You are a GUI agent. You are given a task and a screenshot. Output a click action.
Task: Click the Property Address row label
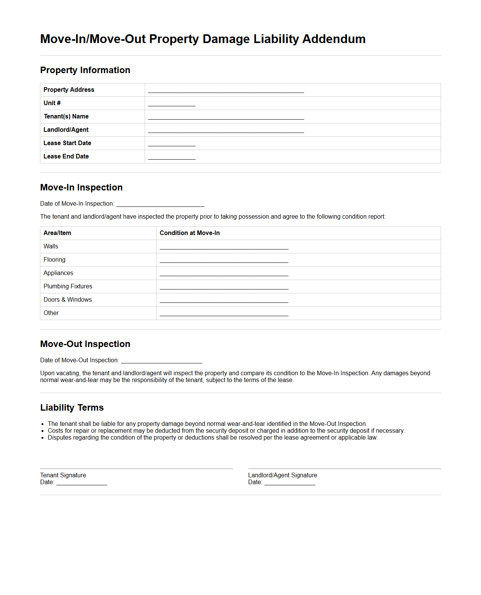pyautogui.click(x=69, y=90)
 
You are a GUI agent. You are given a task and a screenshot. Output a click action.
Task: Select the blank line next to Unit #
pyautogui.click(x=172, y=104)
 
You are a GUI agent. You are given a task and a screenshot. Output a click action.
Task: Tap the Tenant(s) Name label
pyautogui.click(x=66, y=117)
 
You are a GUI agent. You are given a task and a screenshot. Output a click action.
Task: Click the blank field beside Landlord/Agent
pyautogui.click(x=226, y=131)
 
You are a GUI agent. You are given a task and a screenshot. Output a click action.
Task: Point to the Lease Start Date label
pyautogui.click(x=67, y=143)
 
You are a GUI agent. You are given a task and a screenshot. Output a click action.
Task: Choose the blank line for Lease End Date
pyautogui.click(x=172, y=157)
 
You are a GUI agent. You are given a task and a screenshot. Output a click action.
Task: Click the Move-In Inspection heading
pyautogui.click(x=81, y=187)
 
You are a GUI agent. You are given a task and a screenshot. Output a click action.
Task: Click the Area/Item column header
pyautogui.click(x=58, y=233)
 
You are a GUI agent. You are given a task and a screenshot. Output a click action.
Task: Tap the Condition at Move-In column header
pyautogui.click(x=190, y=233)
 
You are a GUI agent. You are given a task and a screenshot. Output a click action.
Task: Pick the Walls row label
pyautogui.click(x=51, y=246)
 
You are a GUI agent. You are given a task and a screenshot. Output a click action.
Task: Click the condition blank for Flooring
pyautogui.click(x=224, y=261)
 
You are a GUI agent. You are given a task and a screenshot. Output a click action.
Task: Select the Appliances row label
pyautogui.click(x=58, y=273)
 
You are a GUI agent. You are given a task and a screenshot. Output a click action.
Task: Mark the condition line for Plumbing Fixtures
pyautogui.click(x=224, y=287)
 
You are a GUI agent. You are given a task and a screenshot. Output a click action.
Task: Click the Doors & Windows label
pyautogui.click(x=68, y=300)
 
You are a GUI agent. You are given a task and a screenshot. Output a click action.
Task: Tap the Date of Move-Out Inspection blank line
pyautogui.click(x=161, y=361)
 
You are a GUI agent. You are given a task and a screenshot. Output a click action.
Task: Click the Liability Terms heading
pyautogui.click(x=72, y=408)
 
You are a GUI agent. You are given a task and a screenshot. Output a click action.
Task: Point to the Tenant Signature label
pyautogui.click(x=63, y=475)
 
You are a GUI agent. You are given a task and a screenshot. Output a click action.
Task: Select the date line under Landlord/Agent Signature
pyautogui.click(x=290, y=483)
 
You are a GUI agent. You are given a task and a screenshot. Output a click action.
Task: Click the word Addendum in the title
pyautogui.click(x=334, y=39)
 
